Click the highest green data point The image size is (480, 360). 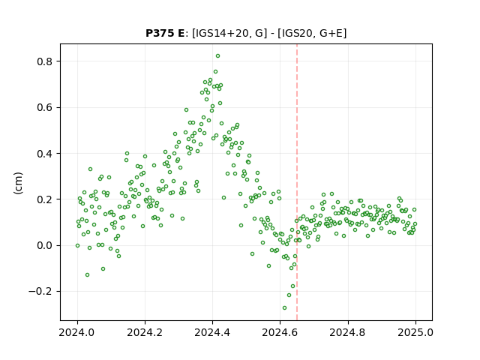point(217,56)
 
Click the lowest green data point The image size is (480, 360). point(284,308)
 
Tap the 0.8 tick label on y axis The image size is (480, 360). point(45,61)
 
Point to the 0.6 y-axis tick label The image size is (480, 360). point(45,108)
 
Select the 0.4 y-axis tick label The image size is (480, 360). point(45,154)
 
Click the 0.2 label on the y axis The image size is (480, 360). point(45,199)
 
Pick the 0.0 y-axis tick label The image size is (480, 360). point(45,245)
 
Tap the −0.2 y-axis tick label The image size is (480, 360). point(40,292)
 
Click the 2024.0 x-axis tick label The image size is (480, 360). point(77,332)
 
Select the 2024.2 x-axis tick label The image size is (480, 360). point(145,332)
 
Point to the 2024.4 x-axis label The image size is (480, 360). point(212,332)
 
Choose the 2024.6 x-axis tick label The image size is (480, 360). point(280,332)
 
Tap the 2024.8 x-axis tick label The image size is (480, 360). point(348,332)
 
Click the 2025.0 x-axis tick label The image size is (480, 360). point(415,332)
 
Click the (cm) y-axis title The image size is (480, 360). point(18,183)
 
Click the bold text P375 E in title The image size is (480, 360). point(165,33)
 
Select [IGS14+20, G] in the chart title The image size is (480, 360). point(227,33)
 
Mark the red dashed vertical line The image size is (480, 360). point(297,182)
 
